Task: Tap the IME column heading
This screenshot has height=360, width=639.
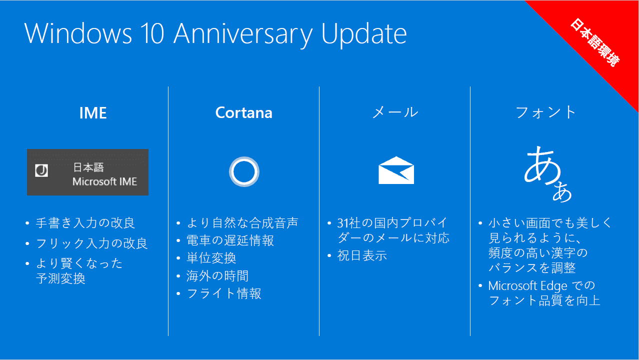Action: tap(93, 113)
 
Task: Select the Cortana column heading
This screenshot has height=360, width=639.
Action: tap(244, 112)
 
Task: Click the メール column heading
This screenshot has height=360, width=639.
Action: tap(395, 112)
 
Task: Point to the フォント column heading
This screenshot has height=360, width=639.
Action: tap(546, 112)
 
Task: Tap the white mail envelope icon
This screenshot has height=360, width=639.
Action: tap(396, 170)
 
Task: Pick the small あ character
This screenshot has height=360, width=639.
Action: tap(562, 191)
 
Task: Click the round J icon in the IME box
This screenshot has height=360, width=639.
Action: tap(41, 170)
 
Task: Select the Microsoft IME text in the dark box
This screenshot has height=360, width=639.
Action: tap(104, 181)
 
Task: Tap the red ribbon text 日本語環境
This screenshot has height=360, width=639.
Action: tap(595, 42)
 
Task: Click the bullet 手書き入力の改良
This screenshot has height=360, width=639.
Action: tap(85, 223)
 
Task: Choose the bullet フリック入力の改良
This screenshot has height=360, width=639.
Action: tap(91, 243)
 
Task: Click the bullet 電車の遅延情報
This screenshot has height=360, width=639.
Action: tap(230, 240)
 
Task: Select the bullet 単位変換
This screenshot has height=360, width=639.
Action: tap(211, 258)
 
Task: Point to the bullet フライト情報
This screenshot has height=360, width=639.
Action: tap(223, 293)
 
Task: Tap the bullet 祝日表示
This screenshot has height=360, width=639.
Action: tap(362, 255)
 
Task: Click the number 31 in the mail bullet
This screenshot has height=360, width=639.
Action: tap(343, 223)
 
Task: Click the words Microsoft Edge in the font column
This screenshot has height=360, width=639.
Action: tap(527, 286)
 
